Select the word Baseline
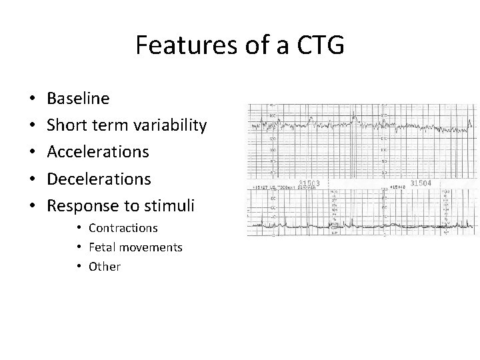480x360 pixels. pos(79,99)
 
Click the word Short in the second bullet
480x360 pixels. pos(66,125)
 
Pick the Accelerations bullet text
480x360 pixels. pos(98,152)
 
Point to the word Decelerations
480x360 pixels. pos(99,179)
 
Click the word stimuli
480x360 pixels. pos(170,206)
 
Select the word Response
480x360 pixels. pos(84,206)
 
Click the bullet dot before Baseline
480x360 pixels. pos(33,99)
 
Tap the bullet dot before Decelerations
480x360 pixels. pos(33,180)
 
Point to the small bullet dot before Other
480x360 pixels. pos(79,267)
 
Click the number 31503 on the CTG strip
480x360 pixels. pos(310,183)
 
